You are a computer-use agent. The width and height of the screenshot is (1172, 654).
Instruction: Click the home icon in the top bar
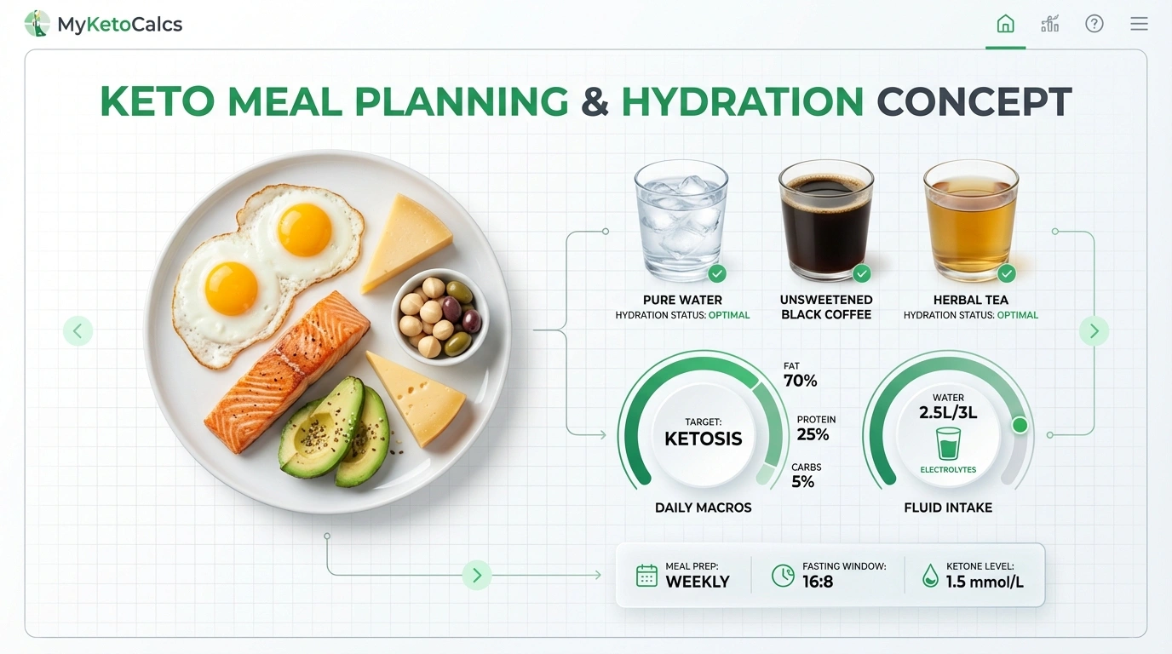tap(1005, 24)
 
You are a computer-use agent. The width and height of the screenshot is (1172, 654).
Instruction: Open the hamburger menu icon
tap(1139, 24)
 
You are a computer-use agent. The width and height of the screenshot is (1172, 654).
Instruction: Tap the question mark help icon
tap(1094, 24)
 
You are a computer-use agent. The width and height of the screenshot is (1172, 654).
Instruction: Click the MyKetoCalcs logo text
tap(119, 25)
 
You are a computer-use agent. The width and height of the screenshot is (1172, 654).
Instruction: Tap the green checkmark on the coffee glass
tap(862, 273)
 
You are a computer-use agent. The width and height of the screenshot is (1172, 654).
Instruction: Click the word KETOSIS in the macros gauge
tap(703, 439)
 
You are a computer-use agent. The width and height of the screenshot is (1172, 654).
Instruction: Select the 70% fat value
tap(800, 381)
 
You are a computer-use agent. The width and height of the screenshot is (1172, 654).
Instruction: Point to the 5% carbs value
tap(802, 482)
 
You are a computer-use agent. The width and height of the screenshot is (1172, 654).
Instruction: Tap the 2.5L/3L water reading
tap(948, 413)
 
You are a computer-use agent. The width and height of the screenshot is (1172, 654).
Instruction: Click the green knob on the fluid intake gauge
tap(1020, 425)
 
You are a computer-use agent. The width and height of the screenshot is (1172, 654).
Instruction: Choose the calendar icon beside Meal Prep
tap(647, 576)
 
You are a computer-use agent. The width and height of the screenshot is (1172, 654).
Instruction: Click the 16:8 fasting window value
tap(818, 582)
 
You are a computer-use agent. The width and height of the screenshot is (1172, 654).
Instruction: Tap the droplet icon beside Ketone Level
tap(930, 577)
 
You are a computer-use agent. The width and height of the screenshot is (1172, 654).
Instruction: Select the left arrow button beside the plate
tap(78, 330)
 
